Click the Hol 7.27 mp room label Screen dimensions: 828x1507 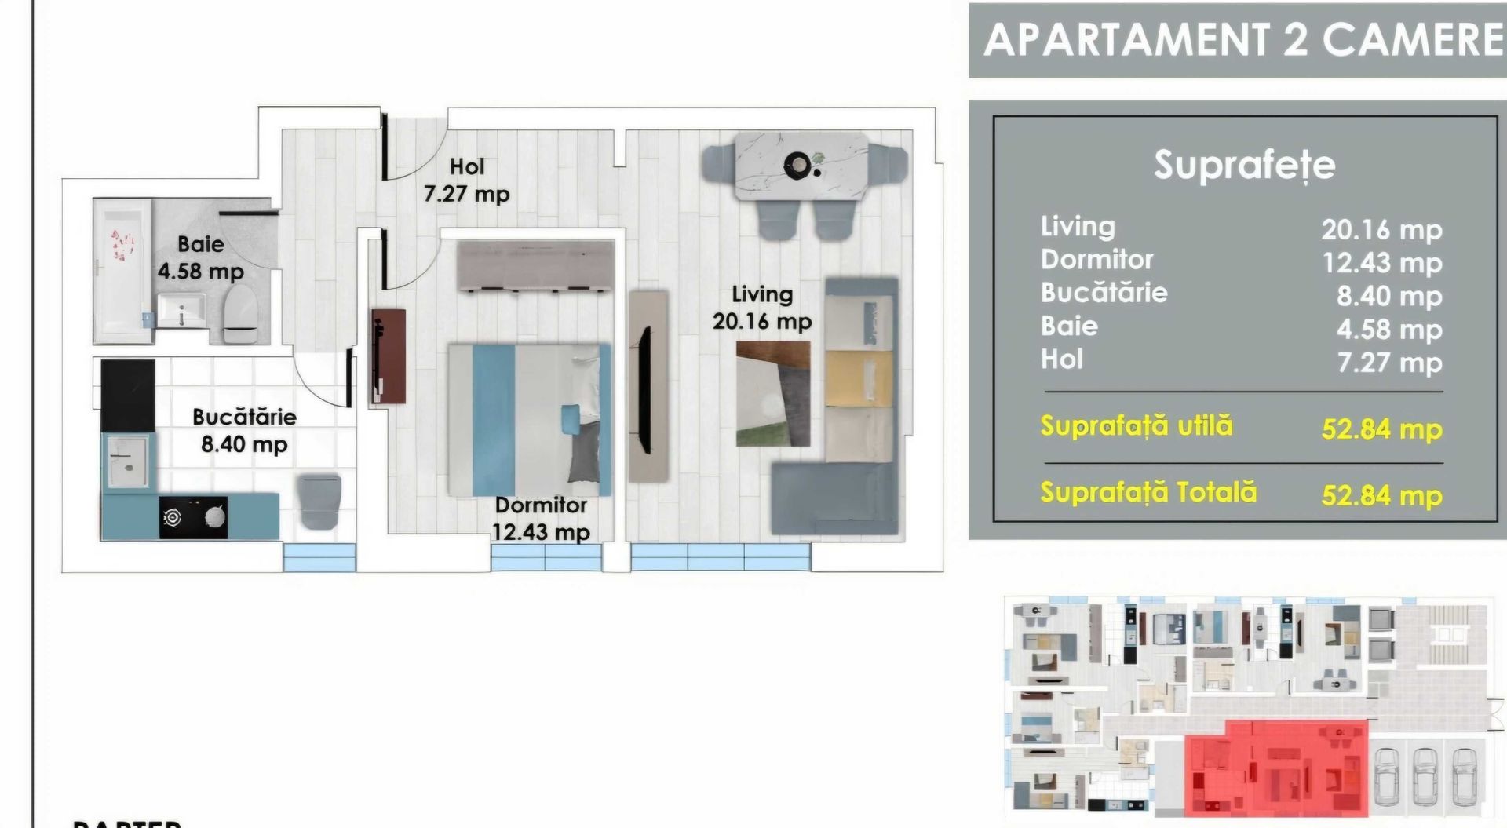pos(467,180)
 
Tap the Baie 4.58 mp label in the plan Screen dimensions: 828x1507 pos(201,257)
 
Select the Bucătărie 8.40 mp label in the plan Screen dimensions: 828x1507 pos(244,430)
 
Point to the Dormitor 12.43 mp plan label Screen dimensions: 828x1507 pos(541,518)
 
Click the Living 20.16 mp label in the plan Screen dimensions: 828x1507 pos(762,308)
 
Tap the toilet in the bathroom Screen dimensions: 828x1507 pos(240,312)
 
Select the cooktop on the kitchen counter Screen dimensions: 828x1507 pos(194,516)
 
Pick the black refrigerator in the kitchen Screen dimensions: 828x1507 pos(127,395)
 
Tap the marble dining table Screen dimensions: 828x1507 pos(801,166)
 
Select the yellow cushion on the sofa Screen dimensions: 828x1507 pos(859,378)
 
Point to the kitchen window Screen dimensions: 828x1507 pos(319,556)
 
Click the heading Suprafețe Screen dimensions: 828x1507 pos(1244,165)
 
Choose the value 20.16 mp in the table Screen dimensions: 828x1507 pos(1381,229)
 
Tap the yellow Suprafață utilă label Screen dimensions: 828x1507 pos(1137,425)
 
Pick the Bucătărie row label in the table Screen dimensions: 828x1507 pos(1104,293)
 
